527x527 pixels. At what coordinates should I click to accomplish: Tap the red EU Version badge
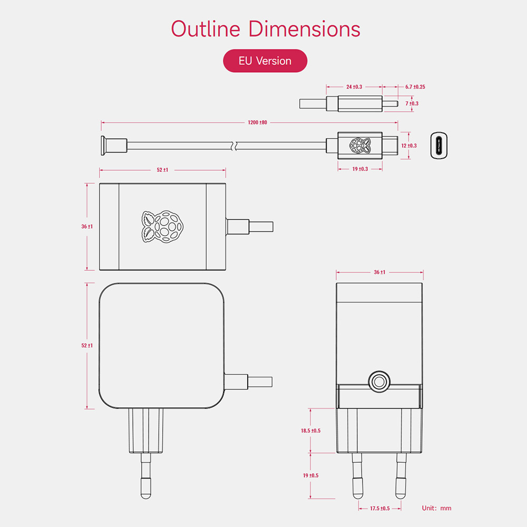(265, 61)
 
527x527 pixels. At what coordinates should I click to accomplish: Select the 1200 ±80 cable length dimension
(258, 122)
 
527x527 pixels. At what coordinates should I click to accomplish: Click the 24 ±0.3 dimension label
(354, 86)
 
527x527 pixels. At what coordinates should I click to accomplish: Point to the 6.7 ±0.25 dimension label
(415, 86)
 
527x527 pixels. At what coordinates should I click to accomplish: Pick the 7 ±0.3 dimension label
(412, 103)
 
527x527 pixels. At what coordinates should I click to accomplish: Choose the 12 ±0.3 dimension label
(409, 145)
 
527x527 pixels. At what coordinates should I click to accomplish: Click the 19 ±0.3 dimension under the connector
(360, 169)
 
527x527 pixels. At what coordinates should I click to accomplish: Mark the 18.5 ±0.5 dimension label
(311, 431)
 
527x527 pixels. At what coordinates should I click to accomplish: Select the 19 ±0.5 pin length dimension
(311, 475)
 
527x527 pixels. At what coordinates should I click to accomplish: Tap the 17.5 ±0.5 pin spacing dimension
(379, 509)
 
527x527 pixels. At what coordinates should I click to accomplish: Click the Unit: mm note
(436, 509)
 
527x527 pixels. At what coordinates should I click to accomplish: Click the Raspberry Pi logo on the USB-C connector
(359, 146)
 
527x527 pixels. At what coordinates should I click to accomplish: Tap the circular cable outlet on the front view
(378, 381)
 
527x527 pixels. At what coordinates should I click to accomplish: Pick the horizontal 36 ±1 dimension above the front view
(379, 272)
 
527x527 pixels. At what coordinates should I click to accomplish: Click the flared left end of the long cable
(103, 145)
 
